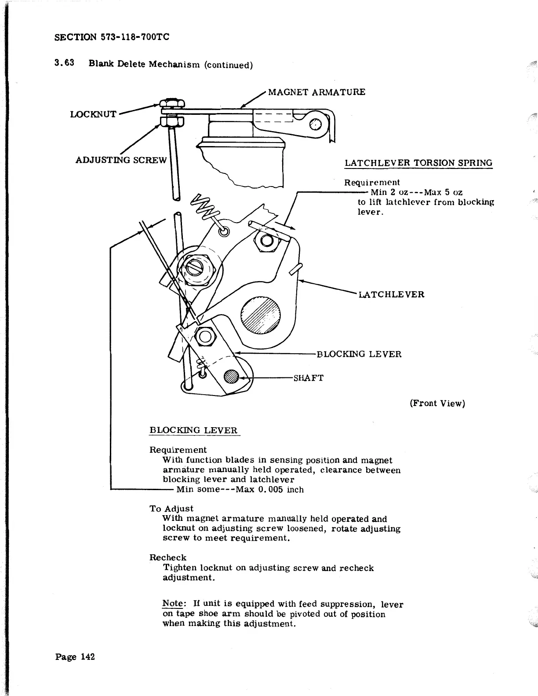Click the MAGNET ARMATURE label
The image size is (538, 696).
pyautogui.click(x=316, y=92)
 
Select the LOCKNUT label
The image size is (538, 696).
pyautogui.click(x=93, y=114)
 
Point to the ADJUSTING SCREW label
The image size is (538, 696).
pyautogui.click(x=121, y=159)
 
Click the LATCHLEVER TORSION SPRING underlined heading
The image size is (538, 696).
pyautogui.click(x=418, y=163)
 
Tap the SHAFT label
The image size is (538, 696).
pyautogui.click(x=308, y=378)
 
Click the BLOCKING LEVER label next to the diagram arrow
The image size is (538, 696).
pyautogui.click(x=359, y=354)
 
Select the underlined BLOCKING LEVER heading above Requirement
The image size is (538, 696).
pyautogui.click(x=193, y=430)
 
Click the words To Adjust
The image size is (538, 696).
pyautogui.click(x=171, y=509)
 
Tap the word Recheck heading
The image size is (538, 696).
pyautogui.click(x=168, y=557)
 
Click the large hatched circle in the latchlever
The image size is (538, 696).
pyautogui.click(x=260, y=316)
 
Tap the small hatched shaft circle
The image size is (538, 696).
pyautogui.click(x=231, y=377)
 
